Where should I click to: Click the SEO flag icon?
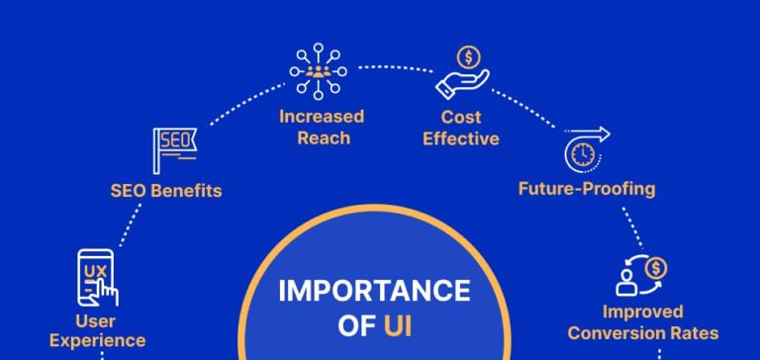[173, 146]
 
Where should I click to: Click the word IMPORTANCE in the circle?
[373, 291]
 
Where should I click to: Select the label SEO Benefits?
[165, 189]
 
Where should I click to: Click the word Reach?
[323, 138]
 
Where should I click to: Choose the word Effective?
[461, 138]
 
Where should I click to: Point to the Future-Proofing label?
[587, 188]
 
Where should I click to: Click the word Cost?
[461, 117]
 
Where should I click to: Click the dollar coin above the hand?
[467, 57]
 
